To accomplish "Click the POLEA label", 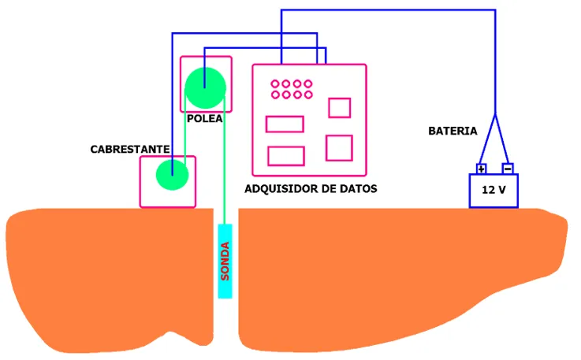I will (205, 120).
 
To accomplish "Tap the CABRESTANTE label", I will (130, 148).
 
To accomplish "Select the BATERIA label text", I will (453, 130).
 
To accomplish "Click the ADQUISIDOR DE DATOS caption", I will (311, 189).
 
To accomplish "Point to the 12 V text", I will (493, 191).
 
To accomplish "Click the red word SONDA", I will (225, 262).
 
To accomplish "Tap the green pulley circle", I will (205, 87).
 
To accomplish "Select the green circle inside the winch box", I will (171, 174).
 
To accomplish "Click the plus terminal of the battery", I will (482, 169).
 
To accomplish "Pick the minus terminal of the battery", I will (508, 169).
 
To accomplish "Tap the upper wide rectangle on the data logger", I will (285, 124).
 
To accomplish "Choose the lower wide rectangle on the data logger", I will (286, 155).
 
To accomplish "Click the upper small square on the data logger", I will (339, 108).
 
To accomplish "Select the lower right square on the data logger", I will (338, 148).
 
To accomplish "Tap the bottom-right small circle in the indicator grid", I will (307, 95).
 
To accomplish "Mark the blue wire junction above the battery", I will (495, 114).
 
